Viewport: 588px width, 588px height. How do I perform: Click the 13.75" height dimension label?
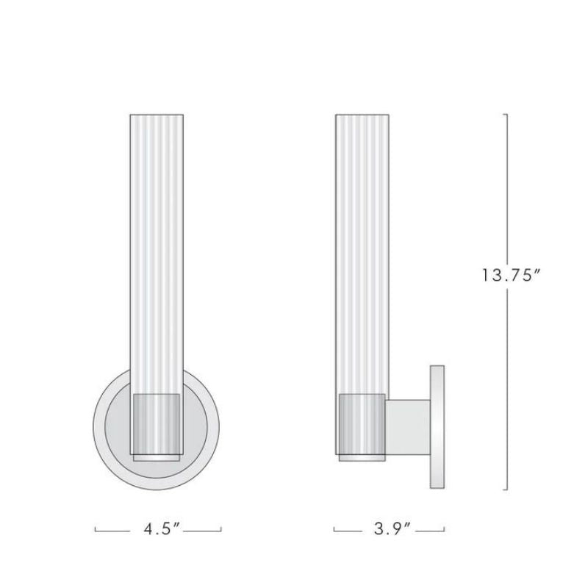511,276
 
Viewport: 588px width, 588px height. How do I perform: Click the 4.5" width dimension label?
159,529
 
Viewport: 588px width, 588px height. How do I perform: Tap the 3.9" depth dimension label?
390,529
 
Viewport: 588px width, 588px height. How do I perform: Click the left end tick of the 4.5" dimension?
96,528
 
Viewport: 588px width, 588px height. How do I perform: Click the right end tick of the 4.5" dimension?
221,528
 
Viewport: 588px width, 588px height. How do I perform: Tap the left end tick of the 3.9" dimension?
334,528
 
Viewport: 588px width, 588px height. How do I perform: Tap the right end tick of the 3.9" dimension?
445,528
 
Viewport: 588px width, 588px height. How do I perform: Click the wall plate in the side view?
437,426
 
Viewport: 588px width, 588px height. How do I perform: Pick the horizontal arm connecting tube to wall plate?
408,426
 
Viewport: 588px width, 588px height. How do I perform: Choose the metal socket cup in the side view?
361,423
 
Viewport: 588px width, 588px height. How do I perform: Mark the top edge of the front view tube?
156,115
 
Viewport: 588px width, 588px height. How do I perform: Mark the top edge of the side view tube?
361,115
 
